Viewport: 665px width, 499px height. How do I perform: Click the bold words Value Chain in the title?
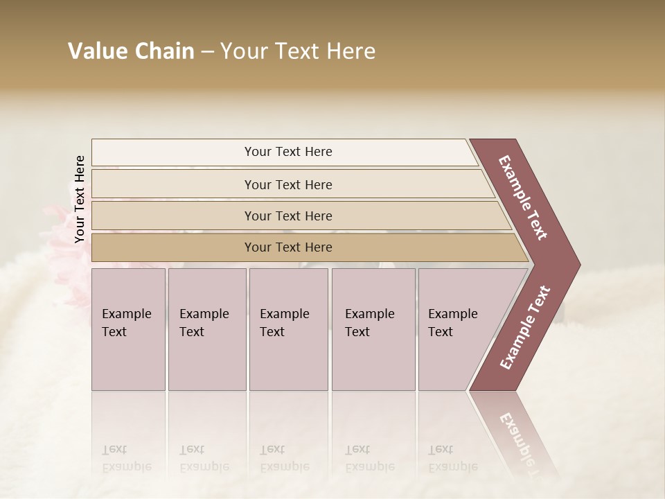131,51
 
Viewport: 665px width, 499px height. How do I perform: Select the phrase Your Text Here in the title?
298,51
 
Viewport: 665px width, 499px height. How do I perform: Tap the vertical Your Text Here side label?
80,199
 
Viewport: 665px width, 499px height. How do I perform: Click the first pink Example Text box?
128,329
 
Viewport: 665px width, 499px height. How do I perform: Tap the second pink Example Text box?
207,329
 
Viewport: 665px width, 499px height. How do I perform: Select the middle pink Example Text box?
288,329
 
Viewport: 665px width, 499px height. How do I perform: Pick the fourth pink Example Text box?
373,329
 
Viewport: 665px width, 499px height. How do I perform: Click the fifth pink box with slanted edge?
457,329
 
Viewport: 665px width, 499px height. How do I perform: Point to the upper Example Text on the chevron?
523,198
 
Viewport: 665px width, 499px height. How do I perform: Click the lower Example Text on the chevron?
525,327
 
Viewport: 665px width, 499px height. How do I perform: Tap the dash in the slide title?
207,52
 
